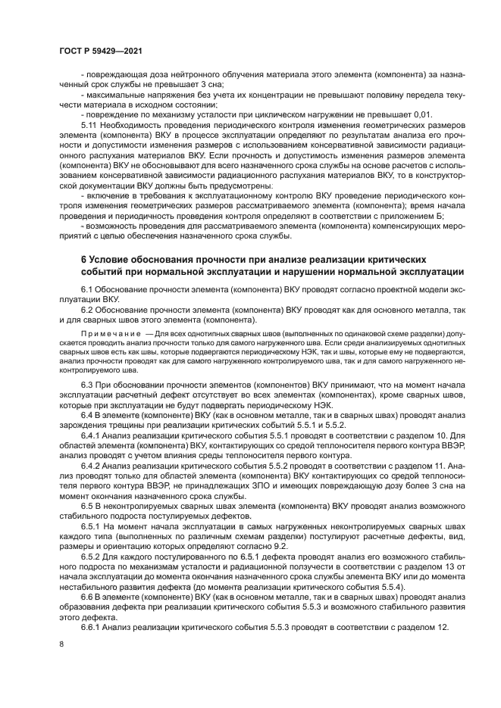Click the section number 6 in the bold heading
pyautogui.click(x=84, y=260)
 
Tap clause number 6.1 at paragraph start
pyautogui.click(x=88, y=290)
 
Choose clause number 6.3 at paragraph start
pyautogui.click(x=88, y=386)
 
